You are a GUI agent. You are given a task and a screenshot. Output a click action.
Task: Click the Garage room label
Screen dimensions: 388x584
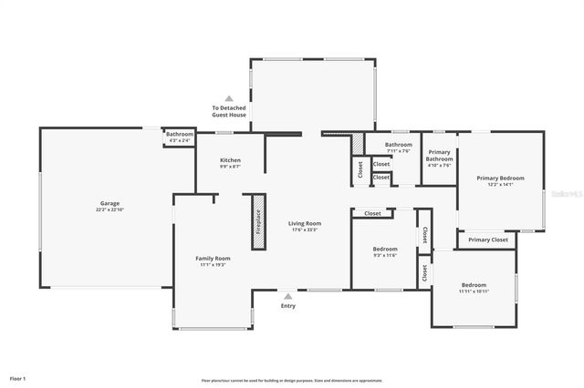pyautogui.click(x=109, y=203)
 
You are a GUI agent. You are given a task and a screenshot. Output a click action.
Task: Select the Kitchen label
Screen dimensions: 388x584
pyautogui.click(x=230, y=159)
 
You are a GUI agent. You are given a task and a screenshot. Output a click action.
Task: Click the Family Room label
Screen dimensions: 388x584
pyautogui.click(x=213, y=258)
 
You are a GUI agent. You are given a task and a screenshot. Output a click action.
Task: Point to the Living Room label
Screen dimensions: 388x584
pyautogui.click(x=305, y=223)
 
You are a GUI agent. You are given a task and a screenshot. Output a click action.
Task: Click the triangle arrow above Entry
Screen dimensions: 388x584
pyautogui.click(x=288, y=296)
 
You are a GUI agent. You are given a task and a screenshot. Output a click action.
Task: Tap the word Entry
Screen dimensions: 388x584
pyautogui.click(x=288, y=306)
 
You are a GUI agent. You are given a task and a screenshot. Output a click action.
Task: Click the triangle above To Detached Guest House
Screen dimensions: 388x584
pyautogui.click(x=229, y=97)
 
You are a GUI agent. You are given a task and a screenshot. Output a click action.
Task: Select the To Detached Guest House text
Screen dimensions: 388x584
pyautogui.click(x=229, y=111)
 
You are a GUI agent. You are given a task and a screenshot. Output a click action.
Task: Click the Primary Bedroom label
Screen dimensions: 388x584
pyautogui.click(x=500, y=178)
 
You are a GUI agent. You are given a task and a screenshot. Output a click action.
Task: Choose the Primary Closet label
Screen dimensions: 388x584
pyautogui.click(x=487, y=240)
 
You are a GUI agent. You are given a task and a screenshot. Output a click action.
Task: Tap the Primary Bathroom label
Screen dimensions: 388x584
pyautogui.click(x=439, y=155)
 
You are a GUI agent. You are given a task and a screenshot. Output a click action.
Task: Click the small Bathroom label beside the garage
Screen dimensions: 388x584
pyautogui.click(x=179, y=135)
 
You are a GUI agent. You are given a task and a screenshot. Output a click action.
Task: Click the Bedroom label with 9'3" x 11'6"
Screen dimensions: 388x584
pyautogui.click(x=385, y=249)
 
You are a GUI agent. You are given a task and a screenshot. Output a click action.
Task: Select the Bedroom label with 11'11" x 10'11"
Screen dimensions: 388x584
pyautogui.click(x=474, y=284)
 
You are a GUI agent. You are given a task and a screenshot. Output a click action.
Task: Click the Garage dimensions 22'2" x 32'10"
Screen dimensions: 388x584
pyautogui.click(x=109, y=209)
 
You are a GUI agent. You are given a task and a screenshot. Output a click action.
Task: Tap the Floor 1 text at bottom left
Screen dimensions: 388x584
pyautogui.click(x=17, y=377)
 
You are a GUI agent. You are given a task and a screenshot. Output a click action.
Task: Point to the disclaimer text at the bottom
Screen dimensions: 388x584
pyautogui.click(x=292, y=380)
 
